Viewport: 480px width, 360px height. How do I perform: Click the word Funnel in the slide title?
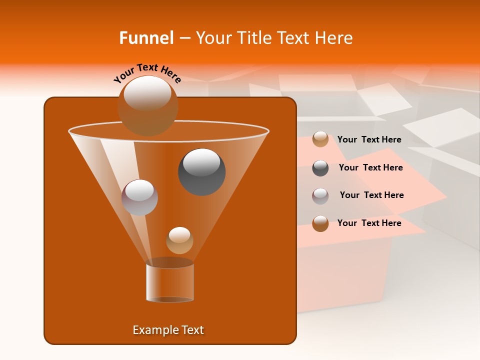tap(146, 38)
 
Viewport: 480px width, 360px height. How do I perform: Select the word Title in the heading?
tap(253, 38)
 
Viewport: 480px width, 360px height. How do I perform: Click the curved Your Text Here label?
tap(147, 72)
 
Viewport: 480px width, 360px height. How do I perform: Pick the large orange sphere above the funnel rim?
tap(147, 105)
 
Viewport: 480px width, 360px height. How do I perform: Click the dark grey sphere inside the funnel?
tap(201, 171)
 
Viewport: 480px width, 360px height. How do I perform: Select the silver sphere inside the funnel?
tap(139, 197)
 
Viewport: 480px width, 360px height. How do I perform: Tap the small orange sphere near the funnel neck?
tap(179, 240)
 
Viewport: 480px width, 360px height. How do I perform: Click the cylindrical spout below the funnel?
tap(170, 282)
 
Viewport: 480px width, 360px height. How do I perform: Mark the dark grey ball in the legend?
tap(320, 168)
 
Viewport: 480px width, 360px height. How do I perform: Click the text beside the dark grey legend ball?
tap(370, 167)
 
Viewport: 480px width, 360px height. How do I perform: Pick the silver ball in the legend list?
tap(320, 196)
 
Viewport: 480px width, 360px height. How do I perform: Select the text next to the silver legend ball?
tap(371, 195)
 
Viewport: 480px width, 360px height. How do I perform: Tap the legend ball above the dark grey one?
tap(320, 139)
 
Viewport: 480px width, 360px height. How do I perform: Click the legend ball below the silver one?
tap(320, 223)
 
